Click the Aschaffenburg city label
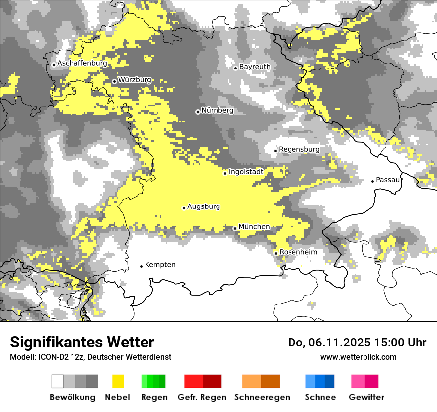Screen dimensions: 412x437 (82, 64)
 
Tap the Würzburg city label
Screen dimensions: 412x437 (135, 80)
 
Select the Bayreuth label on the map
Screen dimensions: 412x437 (255, 67)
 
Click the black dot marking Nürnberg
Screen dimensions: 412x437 (198, 112)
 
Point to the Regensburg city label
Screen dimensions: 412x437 (299, 149)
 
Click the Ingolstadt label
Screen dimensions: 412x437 (246, 172)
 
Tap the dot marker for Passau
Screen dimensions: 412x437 (372, 181)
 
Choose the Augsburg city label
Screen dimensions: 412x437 (204, 206)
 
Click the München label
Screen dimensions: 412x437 (254, 227)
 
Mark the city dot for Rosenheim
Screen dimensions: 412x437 (276, 253)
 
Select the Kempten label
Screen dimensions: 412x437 (160, 265)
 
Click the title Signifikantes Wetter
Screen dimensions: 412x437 (82, 342)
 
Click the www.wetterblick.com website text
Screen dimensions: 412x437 (358, 357)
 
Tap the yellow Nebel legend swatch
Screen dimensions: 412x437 (118, 381)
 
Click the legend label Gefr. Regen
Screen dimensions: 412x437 (202, 397)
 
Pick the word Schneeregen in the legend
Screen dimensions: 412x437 (262, 397)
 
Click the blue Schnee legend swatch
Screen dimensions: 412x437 (319, 381)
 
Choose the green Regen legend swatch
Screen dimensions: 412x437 (153, 381)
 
